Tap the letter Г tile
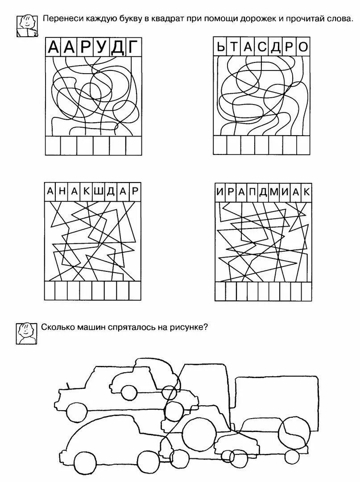(x=133, y=47)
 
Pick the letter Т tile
(x=235, y=47)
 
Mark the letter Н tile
(x=62, y=191)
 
